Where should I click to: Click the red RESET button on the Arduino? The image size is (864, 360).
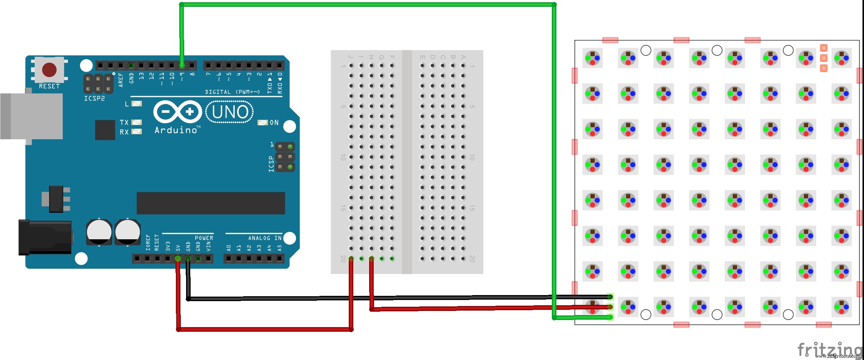pos(49,70)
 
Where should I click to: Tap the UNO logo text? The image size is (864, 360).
pos(230,112)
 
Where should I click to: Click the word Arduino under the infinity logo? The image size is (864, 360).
pos(176,130)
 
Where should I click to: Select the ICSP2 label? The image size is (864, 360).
pos(94,98)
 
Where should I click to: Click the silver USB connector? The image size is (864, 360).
pos(32,116)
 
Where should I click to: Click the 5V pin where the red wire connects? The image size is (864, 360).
pos(178,258)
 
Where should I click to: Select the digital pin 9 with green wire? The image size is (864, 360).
pos(182,66)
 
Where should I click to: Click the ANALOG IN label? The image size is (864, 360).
pos(265,238)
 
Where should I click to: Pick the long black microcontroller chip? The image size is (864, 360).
pos(211,203)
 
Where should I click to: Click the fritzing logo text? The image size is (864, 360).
pos(829,349)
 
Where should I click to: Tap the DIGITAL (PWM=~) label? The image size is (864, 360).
pos(232,92)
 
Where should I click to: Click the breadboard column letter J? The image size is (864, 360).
pos(351,57)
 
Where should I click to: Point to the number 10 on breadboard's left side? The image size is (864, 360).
pos(343,157)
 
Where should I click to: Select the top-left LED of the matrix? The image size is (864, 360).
pos(592,58)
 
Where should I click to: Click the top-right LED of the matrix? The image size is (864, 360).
pos(841,58)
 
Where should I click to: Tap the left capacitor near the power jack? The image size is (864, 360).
pos(99,232)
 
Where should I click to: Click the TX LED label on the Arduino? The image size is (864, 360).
pos(124,122)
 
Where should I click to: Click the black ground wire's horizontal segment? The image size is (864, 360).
pos(377,298)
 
